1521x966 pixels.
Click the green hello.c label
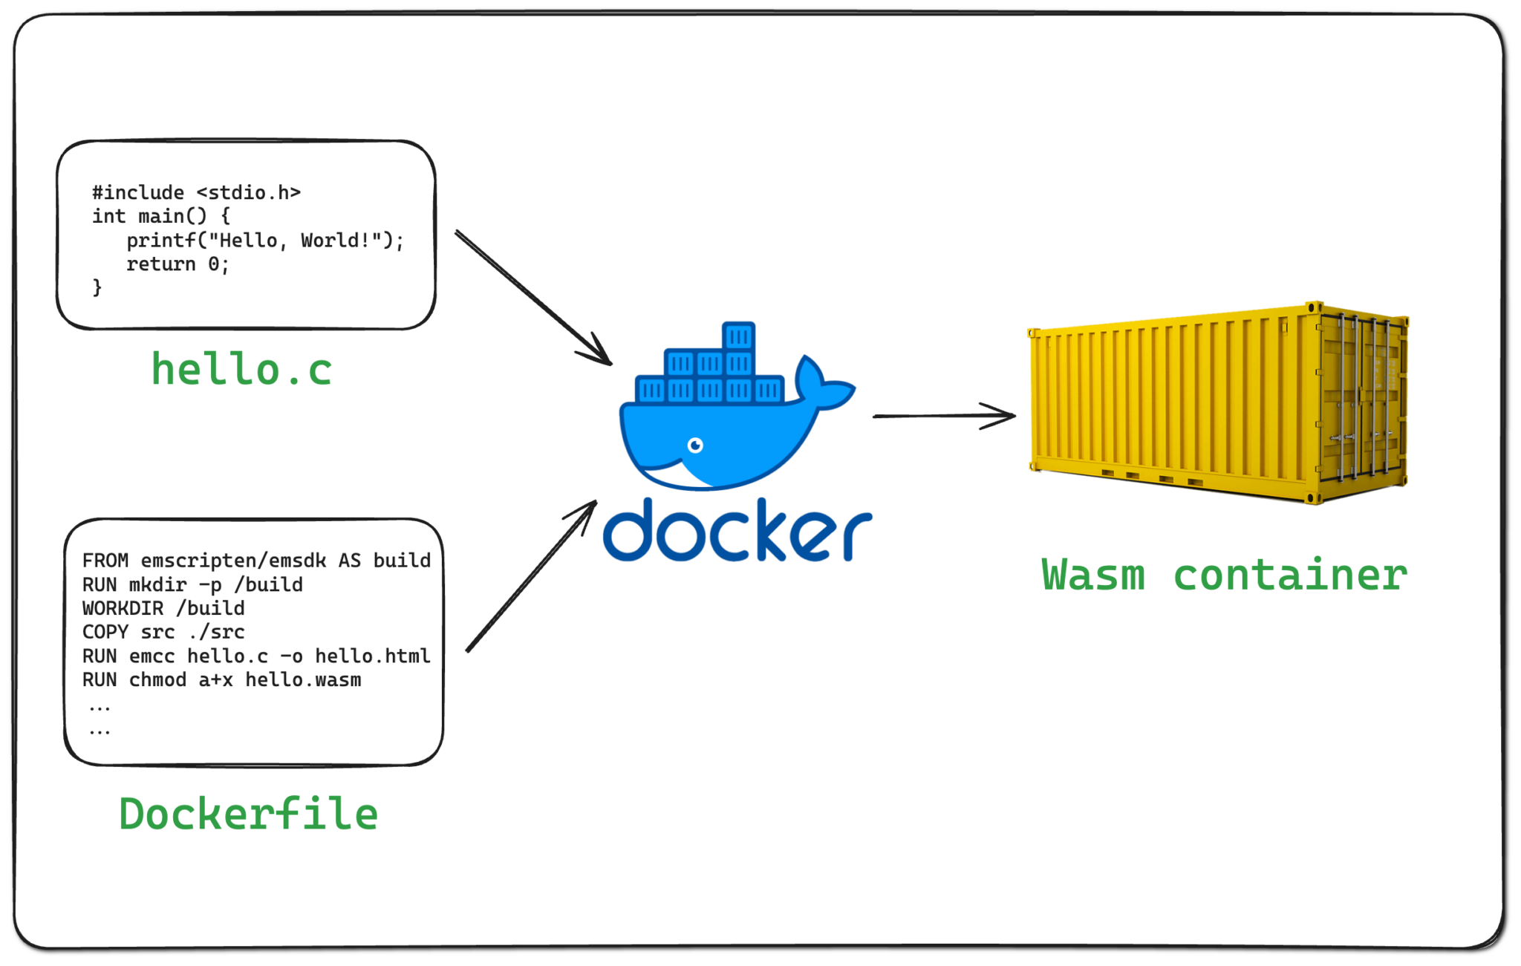click(241, 370)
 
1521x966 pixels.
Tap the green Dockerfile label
click(249, 814)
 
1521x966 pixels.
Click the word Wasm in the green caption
click(1093, 575)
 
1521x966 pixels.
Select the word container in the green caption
click(1290, 575)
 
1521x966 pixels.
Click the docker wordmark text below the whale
click(737, 531)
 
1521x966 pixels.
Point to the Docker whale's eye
click(695, 446)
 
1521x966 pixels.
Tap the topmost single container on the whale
click(738, 336)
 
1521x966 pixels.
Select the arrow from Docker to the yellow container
click(943, 416)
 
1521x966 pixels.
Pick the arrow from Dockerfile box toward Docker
click(531, 578)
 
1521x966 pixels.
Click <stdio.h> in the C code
click(248, 192)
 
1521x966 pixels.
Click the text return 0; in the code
click(177, 264)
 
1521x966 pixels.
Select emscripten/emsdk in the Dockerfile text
click(233, 561)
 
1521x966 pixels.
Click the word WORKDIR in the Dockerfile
click(123, 608)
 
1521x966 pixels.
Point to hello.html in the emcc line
click(372, 656)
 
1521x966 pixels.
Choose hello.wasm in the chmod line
click(303, 680)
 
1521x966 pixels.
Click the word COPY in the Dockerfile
click(105, 632)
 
